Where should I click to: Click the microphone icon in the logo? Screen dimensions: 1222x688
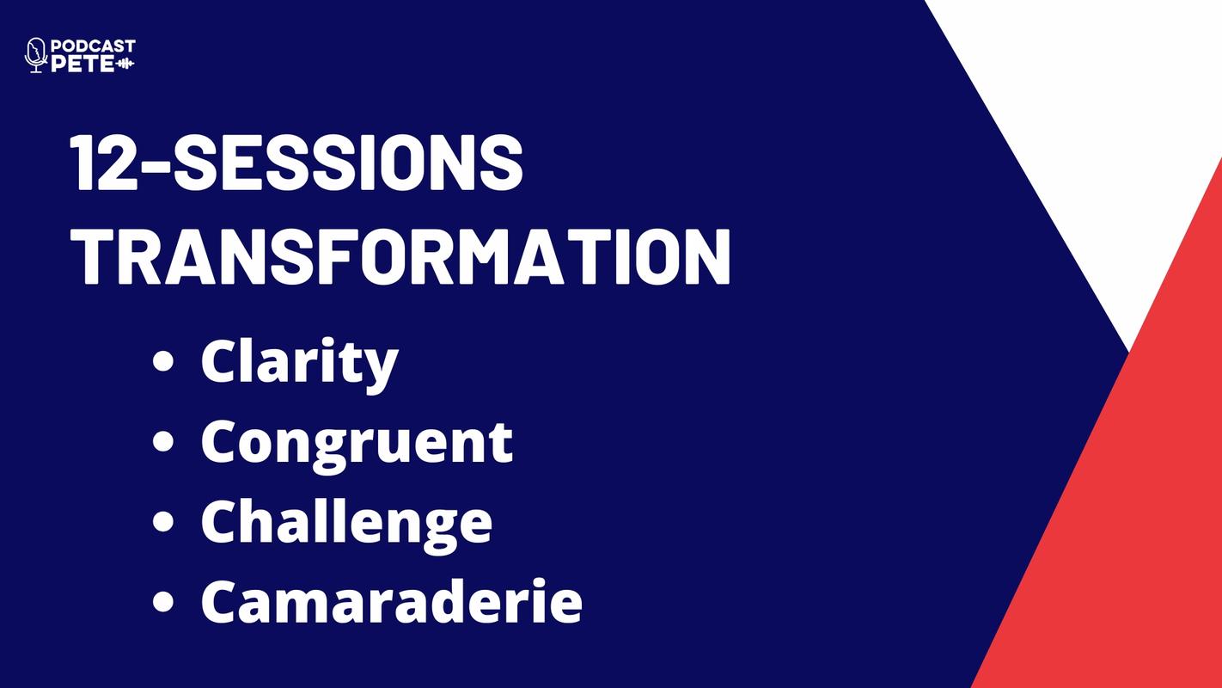tap(36, 55)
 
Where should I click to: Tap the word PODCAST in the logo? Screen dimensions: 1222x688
tap(93, 46)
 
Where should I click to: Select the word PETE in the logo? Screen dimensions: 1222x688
tap(82, 64)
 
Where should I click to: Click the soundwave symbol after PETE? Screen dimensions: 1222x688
tap(125, 64)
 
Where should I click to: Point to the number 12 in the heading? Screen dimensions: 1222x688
tap(102, 163)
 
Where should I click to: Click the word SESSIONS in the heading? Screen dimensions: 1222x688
tap(347, 163)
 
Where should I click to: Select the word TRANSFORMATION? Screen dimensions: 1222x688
tap(401, 256)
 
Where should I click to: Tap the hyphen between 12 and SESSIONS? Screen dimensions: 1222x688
tap(155, 166)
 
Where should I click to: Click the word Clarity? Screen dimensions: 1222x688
tap(300, 363)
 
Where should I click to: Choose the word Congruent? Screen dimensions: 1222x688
tap(357, 445)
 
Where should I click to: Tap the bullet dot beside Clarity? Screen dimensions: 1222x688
tap(163, 361)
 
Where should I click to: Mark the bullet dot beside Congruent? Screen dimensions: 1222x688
tap(163, 441)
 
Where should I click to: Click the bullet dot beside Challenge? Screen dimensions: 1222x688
tap(163, 521)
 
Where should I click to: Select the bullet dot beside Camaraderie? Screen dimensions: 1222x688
tap(163, 600)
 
